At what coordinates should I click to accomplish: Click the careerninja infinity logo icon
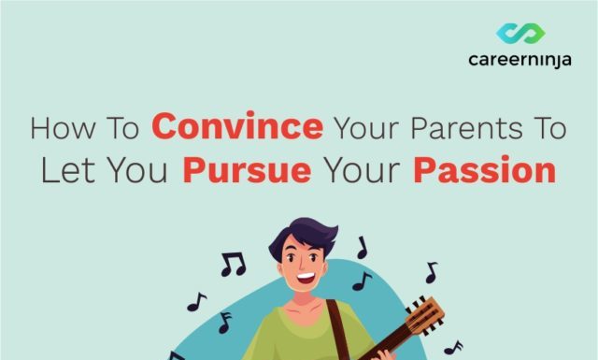pyautogui.click(x=520, y=34)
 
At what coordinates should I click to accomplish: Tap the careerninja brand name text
pyautogui.click(x=520, y=61)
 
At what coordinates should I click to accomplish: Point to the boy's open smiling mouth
pyautogui.click(x=307, y=280)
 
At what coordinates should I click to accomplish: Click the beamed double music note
pyautogui.click(x=232, y=265)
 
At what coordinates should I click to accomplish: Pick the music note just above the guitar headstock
pyautogui.click(x=431, y=272)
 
